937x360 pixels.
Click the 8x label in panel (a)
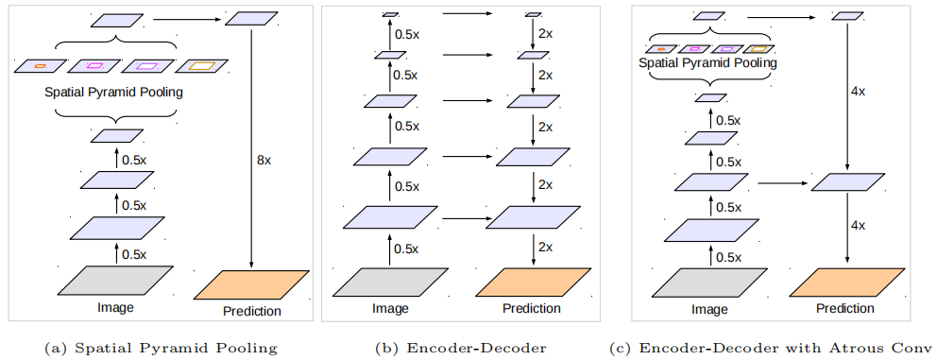point(264,161)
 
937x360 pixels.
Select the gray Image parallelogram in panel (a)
point(117,282)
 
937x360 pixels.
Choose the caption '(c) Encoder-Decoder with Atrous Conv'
point(772,348)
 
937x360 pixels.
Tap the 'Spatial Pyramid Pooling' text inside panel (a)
point(112,94)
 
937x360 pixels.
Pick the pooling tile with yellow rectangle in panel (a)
point(201,66)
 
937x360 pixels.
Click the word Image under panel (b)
point(388,308)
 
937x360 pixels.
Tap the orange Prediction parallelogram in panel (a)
point(251,283)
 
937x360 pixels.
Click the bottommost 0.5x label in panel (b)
point(406,249)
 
